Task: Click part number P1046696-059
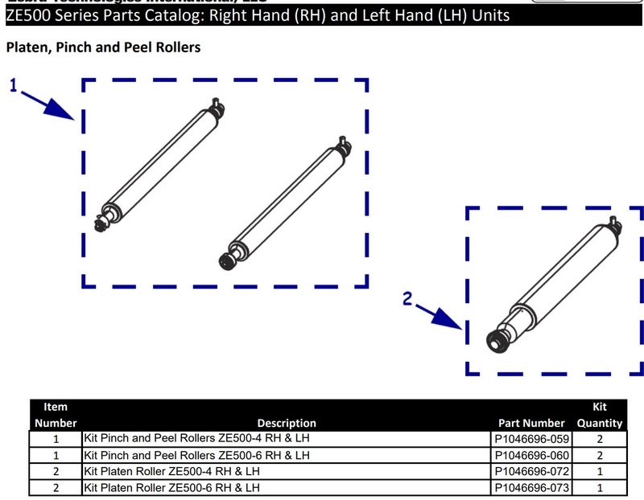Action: [x=532, y=439]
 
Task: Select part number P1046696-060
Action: [x=532, y=455]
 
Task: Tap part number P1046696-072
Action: [x=532, y=471]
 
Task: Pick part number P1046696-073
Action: [x=532, y=487]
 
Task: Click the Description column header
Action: [x=287, y=423]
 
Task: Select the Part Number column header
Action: [x=532, y=423]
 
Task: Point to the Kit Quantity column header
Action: [x=600, y=415]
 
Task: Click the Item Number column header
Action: [x=56, y=415]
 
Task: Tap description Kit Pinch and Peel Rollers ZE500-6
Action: [x=196, y=455]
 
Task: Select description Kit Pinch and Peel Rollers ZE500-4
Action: [x=196, y=439]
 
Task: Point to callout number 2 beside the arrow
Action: [x=408, y=300]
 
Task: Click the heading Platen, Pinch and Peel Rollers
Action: [x=103, y=47]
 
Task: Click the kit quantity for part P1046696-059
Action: [x=600, y=439]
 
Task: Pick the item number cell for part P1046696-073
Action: [x=56, y=487]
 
